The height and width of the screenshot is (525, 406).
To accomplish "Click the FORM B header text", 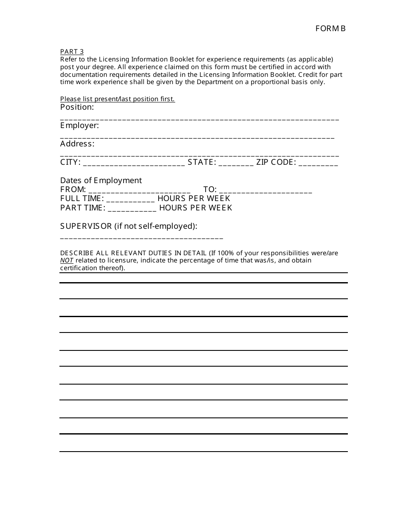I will (x=330, y=29).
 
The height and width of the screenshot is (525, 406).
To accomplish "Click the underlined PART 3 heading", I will (x=72, y=52).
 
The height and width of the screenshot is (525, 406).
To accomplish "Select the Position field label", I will (x=77, y=107).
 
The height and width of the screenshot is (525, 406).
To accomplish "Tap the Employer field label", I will (x=79, y=125).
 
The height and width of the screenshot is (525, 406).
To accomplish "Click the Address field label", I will (x=77, y=144).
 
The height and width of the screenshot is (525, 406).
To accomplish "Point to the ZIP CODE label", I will (x=276, y=162).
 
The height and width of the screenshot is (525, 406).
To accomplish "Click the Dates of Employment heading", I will (x=101, y=181).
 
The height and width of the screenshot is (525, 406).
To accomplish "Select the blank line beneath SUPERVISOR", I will (x=141, y=238).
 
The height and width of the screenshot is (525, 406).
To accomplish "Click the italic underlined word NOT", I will (x=67, y=260).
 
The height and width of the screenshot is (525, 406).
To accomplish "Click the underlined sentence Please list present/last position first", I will (x=118, y=99).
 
